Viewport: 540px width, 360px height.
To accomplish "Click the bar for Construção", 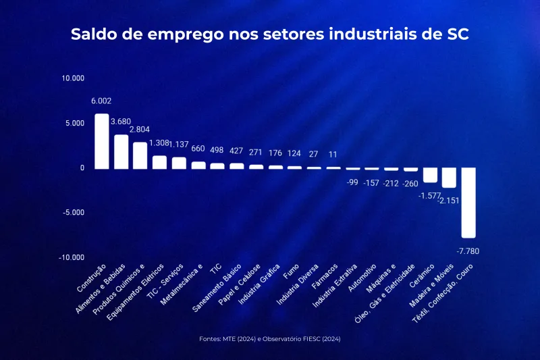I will click(101, 141).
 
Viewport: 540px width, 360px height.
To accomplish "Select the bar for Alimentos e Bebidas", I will click(121, 151).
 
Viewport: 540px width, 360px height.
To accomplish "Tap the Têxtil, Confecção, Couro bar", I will click(468, 203).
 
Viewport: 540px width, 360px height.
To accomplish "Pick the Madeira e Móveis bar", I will click(449, 178).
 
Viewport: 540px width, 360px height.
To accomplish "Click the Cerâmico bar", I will click(430, 175).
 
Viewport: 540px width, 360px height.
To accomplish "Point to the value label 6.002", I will click(101, 101).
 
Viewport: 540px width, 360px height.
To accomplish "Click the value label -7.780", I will click(468, 251).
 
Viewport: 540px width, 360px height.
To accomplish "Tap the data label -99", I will click(352, 182).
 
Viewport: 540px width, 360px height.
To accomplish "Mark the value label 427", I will click(236, 151).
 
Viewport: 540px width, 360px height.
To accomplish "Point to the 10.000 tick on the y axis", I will click(73, 78).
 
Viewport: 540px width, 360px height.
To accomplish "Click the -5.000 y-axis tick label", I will click(73, 213).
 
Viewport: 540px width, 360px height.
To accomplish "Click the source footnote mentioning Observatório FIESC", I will click(270, 338).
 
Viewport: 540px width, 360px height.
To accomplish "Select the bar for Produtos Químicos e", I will click(140, 155).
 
